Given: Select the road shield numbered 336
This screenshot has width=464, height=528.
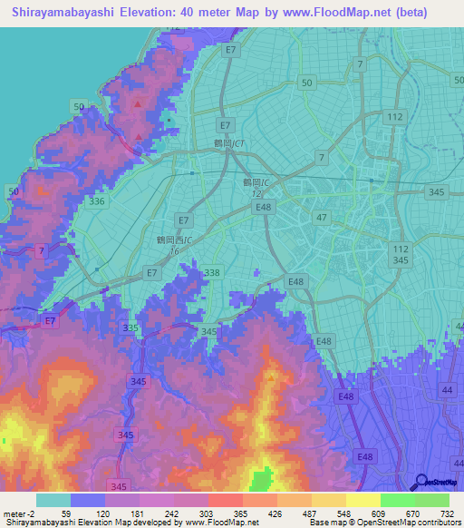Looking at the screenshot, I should pyautogui.click(x=97, y=200).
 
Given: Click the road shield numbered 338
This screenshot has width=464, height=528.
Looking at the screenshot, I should pyautogui.click(x=212, y=272).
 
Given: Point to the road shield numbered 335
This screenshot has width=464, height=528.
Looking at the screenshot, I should pyautogui.click(x=130, y=327).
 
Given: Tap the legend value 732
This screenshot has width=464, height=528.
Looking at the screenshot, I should pyautogui.click(x=448, y=513).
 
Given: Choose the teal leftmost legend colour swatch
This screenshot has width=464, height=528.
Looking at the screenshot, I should pyautogui.click(x=53, y=500).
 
